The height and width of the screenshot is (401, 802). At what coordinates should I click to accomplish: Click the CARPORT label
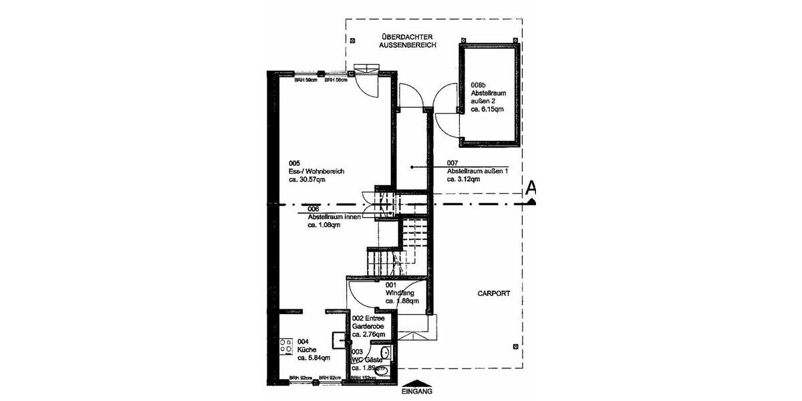(494, 293)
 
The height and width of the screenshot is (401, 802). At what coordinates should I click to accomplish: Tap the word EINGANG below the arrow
(418, 392)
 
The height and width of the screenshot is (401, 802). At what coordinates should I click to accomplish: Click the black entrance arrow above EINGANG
(418, 384)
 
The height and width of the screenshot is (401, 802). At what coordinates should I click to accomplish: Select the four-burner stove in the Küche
(285, 346)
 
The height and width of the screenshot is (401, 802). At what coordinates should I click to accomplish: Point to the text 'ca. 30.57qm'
(307, 180)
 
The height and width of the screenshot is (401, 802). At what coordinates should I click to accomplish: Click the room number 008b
(479, 85)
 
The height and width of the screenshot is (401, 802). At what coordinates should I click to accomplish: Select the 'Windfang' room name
(400, 293)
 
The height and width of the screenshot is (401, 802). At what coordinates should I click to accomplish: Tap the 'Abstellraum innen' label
(333, 217)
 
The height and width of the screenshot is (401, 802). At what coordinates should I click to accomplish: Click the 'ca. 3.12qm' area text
(466, 179)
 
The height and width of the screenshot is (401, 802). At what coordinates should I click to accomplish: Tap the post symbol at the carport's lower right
(515, 346)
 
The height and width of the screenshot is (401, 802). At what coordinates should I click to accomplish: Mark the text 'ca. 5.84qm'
(314, 358)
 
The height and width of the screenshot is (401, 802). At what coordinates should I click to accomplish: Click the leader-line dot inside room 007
(412, 167)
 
